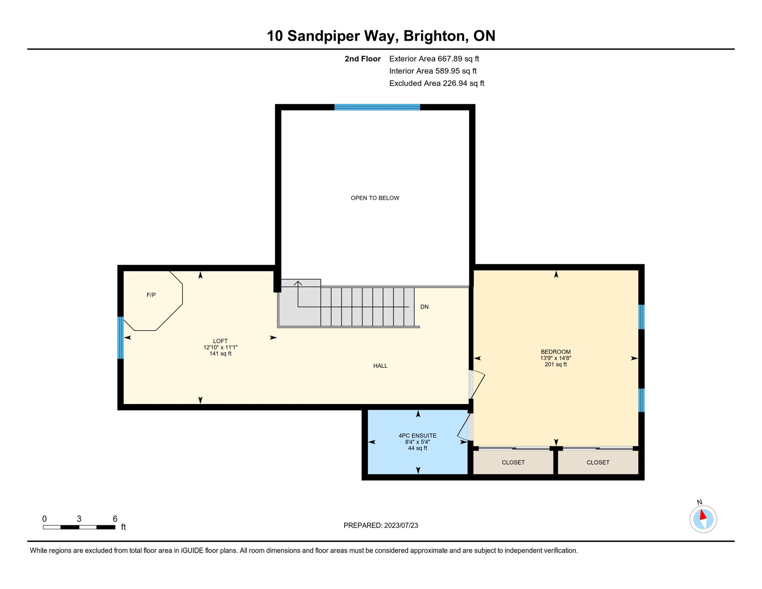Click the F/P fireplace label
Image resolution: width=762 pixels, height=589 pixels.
[151, 295]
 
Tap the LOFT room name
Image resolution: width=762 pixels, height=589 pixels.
[220, 341]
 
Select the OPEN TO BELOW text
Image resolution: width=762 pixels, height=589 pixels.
[375, 198]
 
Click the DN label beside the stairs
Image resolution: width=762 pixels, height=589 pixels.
[424, 307]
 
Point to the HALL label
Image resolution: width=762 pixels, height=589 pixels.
[380, 366]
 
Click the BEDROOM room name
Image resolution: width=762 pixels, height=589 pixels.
[555, 352]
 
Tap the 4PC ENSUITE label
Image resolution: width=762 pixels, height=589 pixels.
[417, 436]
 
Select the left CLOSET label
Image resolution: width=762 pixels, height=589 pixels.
[513, 462]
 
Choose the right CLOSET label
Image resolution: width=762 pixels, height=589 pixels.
[598, 462]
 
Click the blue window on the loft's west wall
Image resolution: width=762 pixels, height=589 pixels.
[120, 337]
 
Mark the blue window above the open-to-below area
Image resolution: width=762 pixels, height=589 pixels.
[377, 107]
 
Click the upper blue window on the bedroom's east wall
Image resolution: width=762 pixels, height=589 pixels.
[641, 317]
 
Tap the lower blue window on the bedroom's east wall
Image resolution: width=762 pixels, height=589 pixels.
[641, 400]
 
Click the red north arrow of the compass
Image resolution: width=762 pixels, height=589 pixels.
[703, 515]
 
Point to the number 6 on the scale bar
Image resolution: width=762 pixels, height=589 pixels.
[115, 519]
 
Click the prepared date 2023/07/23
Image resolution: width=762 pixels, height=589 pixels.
[401, 525]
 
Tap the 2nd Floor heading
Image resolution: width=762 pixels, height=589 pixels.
[362, 59]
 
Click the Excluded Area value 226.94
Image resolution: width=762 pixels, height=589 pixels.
[455, 83]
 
